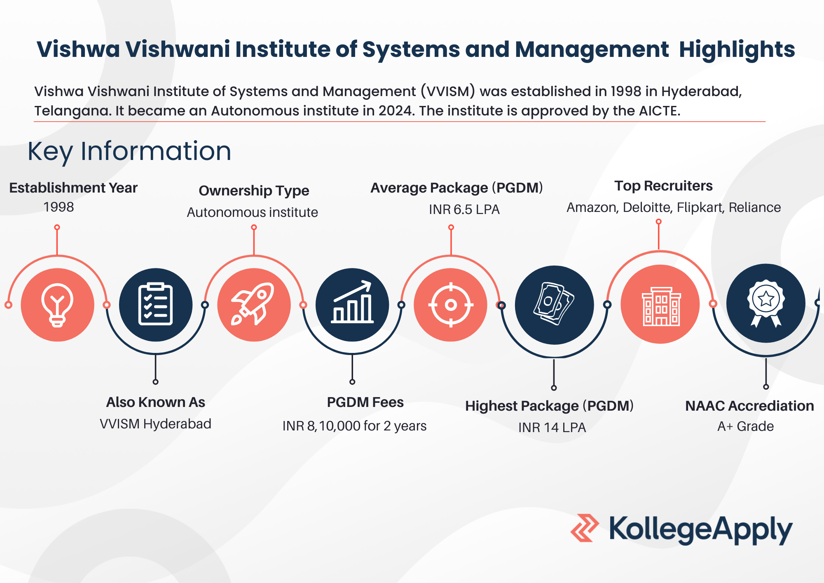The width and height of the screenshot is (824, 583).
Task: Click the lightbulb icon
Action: point(57,305)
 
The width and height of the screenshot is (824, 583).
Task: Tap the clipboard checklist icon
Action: point(155,304)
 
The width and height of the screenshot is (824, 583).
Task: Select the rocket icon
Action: point(253,304)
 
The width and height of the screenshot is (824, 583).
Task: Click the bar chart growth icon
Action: point(352,302)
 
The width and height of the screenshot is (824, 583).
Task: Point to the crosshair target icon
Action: point(451,305)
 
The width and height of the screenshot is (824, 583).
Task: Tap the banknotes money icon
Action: point(554,304)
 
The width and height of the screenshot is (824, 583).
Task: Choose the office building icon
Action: point(661,306)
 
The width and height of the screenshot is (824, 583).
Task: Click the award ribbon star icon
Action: point(766,303)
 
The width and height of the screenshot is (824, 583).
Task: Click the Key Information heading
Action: point(129,151)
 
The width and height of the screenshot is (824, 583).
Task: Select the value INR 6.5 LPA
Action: point(464,209)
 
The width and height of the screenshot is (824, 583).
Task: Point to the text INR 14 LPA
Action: point(552,428)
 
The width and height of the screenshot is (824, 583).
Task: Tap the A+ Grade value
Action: point(745,426)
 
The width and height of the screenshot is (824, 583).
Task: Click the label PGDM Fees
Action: point(365,402)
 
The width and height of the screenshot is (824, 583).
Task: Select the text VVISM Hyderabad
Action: point(155,424)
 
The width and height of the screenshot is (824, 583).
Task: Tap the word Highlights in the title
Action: point(737,50)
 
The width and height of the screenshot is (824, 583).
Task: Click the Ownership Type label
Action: point(254,191)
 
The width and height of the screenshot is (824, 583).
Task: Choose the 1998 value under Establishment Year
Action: point(59,207)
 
